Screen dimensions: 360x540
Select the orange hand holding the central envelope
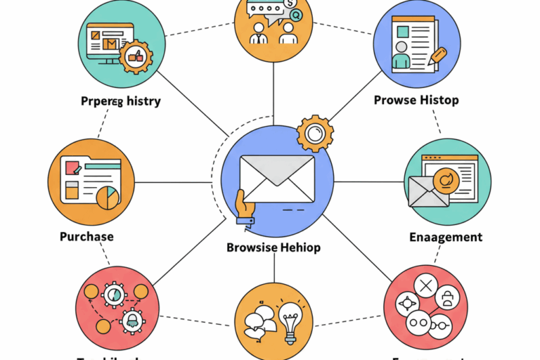245,209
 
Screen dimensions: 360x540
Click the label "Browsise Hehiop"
274,247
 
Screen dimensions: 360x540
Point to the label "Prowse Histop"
416,100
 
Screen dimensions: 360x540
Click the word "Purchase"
87,236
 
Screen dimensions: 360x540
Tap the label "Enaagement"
446,237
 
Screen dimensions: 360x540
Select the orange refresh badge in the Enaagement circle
446,180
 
